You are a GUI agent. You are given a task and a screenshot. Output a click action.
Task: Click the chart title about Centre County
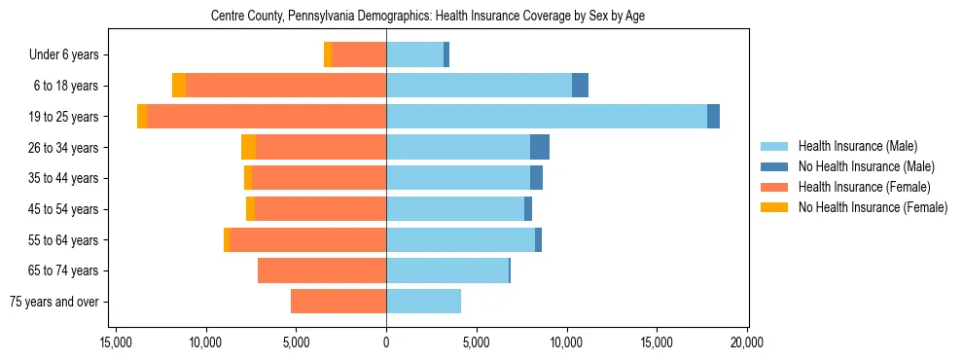tap(428, 16)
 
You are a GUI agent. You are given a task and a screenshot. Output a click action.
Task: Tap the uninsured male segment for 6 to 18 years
tap(580, 86)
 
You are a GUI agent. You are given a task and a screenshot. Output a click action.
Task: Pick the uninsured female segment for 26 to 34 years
tap(248, 147)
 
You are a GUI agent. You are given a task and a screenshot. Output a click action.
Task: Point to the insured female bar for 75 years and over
tap(339, 302)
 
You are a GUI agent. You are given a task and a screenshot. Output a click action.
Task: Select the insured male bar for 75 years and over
tap(423, 302)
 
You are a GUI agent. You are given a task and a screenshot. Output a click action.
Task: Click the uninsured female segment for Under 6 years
tap(328, 54)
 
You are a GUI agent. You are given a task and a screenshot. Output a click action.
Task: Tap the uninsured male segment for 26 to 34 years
tap(540, 147)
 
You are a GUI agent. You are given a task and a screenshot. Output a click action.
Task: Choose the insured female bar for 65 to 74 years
tap(322, 270)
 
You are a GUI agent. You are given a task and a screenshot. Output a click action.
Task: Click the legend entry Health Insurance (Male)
tap(857, 146)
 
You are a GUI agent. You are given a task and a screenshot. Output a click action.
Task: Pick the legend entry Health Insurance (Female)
tap(864, 187)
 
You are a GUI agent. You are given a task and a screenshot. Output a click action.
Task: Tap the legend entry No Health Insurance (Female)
tap(873, 207)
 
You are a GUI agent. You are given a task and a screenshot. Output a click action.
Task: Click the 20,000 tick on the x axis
tap(747, 342)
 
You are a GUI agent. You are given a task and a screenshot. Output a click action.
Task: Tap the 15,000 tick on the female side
tap(116, 342)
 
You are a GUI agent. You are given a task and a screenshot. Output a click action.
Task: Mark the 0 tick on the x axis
tap(386, 342)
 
